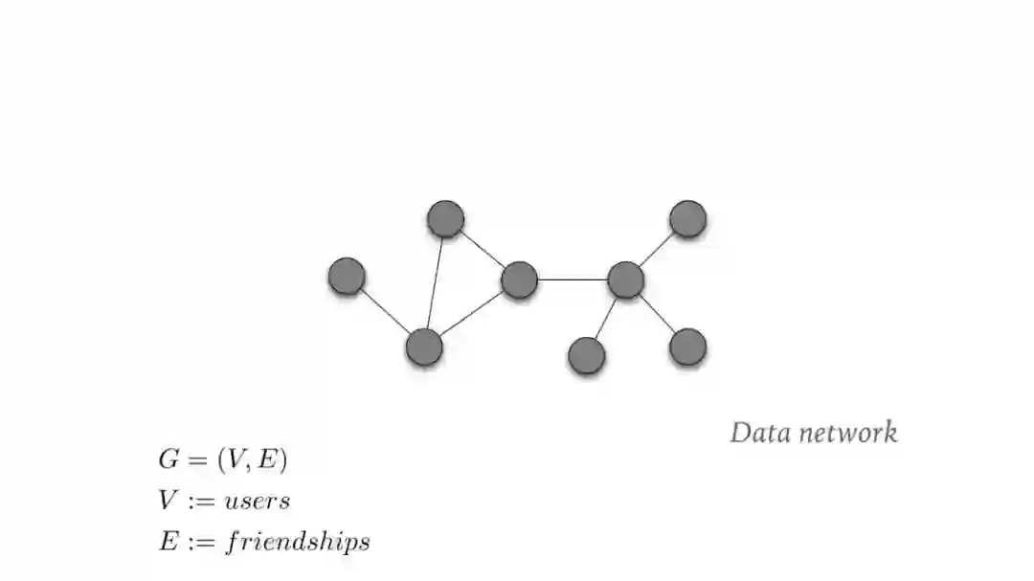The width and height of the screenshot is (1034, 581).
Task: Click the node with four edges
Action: coord(625,279)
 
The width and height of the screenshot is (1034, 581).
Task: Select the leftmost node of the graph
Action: coord(347,276)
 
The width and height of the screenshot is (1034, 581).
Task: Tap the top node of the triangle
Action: coord(445,219)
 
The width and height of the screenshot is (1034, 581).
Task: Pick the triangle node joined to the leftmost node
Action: coord(424,347)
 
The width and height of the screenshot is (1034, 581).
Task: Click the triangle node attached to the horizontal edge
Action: coord(519,279)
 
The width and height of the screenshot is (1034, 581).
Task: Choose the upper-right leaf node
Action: coord(687,219)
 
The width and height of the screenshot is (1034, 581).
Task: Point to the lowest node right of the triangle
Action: coord(586,356)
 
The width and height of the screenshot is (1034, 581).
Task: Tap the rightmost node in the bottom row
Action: coord(687,346)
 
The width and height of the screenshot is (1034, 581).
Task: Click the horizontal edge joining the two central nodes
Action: coord(573,279)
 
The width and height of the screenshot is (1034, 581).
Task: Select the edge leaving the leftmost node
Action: coord(385,311)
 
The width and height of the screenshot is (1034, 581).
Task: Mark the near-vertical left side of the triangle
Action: coord(435,283)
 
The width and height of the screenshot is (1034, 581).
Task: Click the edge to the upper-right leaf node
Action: coord(657,249)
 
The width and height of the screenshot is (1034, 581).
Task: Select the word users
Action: coord(257,501)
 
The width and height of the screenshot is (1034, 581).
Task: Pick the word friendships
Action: coord(298,542)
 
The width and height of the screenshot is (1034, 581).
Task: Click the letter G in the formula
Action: coord(169,459)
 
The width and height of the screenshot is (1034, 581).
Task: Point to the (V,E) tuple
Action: coord(252,460)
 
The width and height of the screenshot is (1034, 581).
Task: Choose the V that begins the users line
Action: coord(167,500)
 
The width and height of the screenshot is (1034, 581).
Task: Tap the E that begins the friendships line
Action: coord(167,541)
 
